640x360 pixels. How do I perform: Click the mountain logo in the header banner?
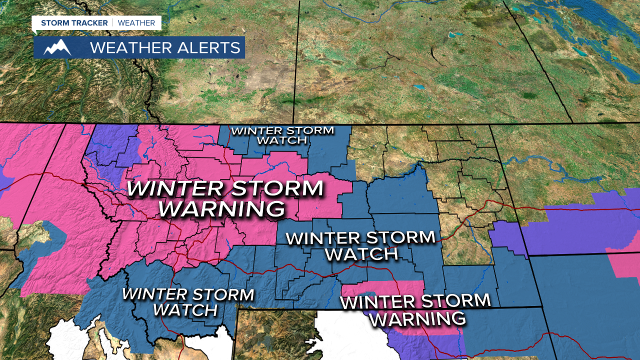pos(57,47)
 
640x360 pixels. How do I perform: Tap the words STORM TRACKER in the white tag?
pos(74,23)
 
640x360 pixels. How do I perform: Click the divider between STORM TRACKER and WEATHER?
pos(113,23)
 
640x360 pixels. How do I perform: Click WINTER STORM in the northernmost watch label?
pos(282,131)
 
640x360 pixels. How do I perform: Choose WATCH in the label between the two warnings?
pos(361,254)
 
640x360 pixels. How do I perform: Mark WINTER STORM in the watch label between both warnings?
pos(360,237)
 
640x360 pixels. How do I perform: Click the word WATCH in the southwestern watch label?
pos(185,310)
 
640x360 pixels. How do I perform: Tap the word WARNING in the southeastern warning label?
pos(417,318)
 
